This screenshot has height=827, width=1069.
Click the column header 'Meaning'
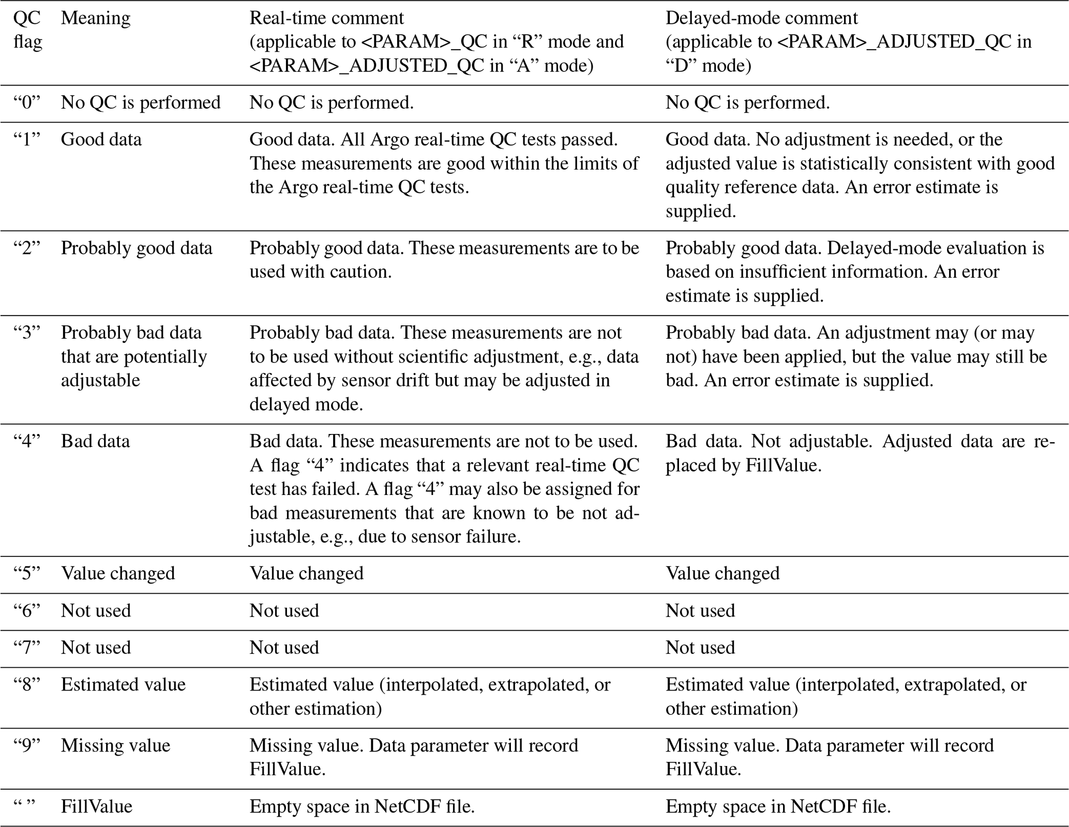[x=95, y=18]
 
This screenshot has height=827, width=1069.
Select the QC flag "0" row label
[x=27, y=102]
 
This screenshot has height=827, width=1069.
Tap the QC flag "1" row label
[x=27, y=140]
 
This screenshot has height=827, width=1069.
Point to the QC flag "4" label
[x=27, y=441]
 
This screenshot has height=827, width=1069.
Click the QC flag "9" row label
[x=27, y=745]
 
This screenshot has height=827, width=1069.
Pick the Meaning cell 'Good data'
[x=101, y=140]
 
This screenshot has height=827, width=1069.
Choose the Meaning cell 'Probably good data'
[x=137, y=248]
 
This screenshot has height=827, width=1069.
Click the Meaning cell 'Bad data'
[x=95, y=441]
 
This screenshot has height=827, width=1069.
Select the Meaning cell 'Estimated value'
[x=123, y=684]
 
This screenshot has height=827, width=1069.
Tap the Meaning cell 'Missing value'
[x=115, y=745]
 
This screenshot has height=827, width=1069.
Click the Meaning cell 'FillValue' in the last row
[x=96, y=806]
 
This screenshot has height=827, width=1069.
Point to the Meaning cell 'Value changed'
[x=118, y=573]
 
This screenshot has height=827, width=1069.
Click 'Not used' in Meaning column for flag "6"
[x=96, y=610]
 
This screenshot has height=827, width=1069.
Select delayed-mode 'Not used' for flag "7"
[x=700, y=648]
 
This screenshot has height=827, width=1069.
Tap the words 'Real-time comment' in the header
[x=326, y=18]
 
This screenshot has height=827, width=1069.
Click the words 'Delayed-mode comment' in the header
[x=761, y=18]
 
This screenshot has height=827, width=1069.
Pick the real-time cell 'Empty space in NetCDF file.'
[x=362, y=806]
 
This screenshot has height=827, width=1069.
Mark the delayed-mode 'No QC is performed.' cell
[x=747, y=102]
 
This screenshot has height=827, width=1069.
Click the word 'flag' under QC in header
[x=27, y=41]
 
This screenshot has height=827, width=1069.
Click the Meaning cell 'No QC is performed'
[x=141, y=102]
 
